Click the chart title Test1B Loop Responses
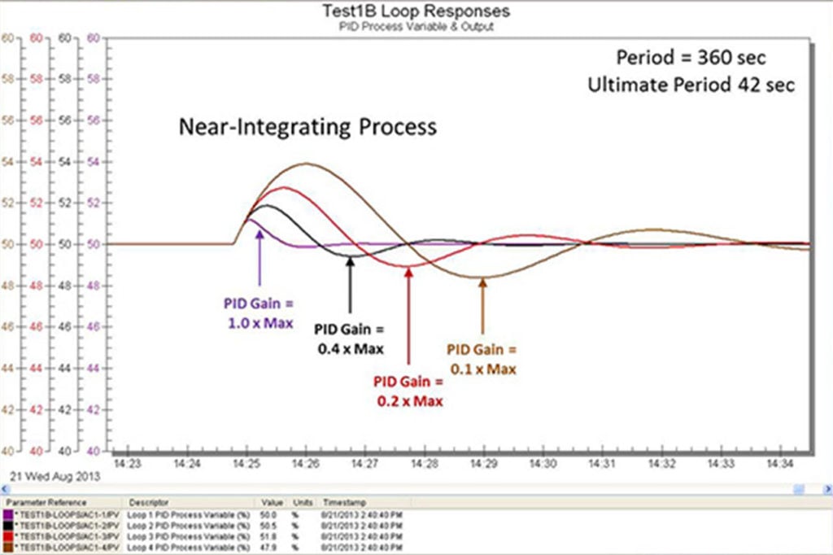pos(416,11)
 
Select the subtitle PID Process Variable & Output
pos(416,26)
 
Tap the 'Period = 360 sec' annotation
pos(691,58)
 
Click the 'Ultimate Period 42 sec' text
pos(691,84)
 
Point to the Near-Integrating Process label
pos(308,127)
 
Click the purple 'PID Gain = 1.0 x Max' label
pos(258,314)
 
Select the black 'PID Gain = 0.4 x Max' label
pos(350,339)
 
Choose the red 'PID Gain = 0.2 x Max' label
pos(410,391)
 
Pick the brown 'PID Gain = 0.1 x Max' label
pos(482,359)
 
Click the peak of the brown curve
pos(307,164)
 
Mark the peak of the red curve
pos(284,187)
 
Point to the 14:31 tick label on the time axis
pos(602,464)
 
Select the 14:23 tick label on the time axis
pos(129,464)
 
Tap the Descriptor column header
pos(143,503)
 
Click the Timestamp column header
pos(340,503)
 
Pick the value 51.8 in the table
pos(270,537)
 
